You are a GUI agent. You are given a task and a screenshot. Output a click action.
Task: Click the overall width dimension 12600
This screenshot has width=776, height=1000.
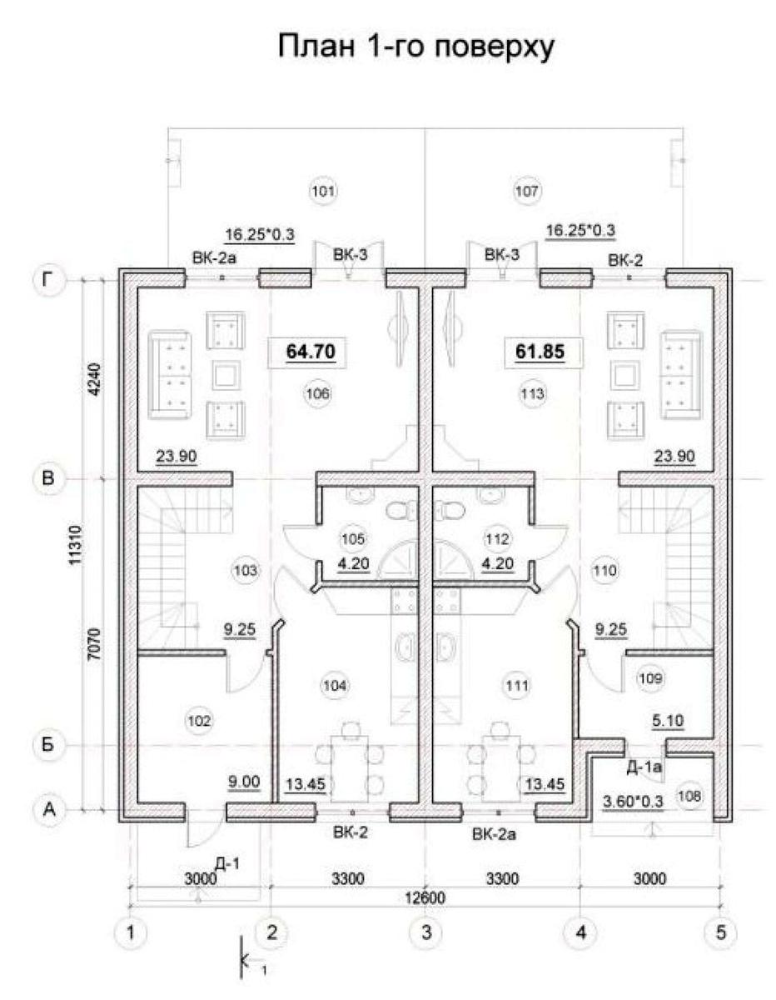click(428, 897)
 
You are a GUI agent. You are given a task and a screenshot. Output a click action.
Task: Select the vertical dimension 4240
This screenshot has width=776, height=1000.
click(92, 380)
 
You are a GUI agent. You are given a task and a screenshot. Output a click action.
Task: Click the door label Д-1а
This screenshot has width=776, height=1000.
click(642, 767)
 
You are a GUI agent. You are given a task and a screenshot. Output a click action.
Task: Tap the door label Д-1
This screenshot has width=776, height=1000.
click(226, 864)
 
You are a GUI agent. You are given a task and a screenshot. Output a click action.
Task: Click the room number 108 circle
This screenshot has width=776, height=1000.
click(689, 795)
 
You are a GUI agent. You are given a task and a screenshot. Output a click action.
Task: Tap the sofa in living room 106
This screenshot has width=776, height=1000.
click(170, 375)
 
